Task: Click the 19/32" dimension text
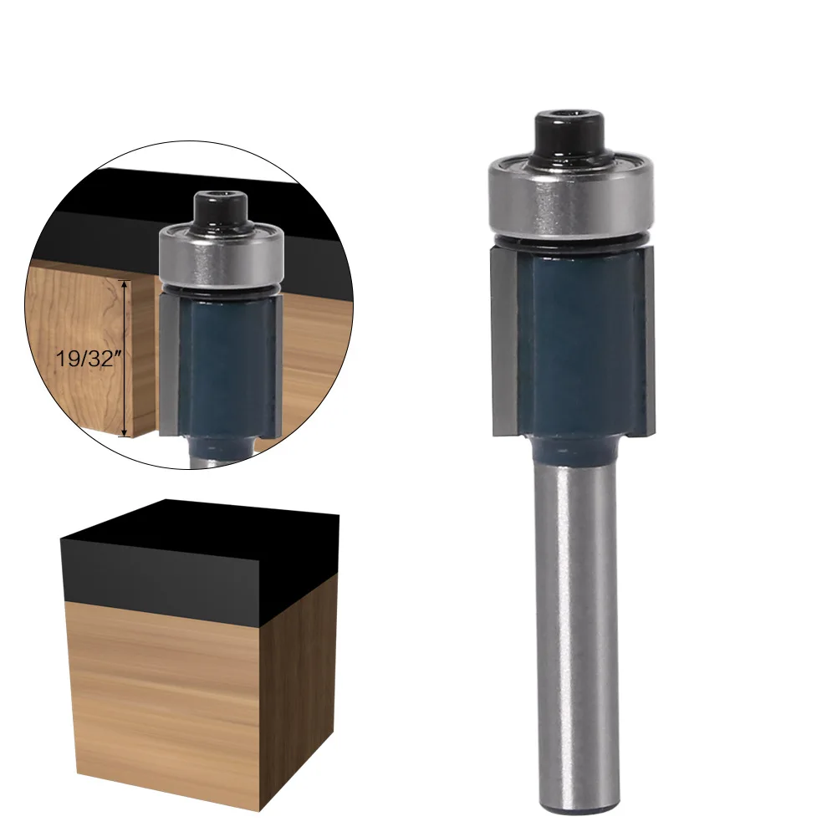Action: [85, 360]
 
